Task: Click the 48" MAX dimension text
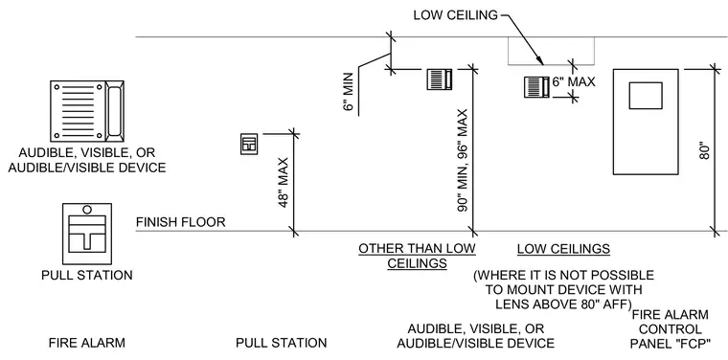[x=284, y=182]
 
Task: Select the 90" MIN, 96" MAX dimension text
[x=463, y=161]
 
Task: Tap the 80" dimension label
[x=705, y=150]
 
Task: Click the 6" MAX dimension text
[x=574, y=82]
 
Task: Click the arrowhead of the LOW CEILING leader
[x=540, y=60]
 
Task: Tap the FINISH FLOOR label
[x=181, y=222]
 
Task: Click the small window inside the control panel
[x=646, y=96]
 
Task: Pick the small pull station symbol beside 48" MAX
[x=249, y=145]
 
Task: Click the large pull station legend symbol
[x=87, y=234]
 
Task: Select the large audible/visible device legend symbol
[x=87, y=111]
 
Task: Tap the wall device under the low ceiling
[x=536, y=87]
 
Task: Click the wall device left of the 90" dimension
[x=440, y=79]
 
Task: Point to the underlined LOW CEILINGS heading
[x=563, y=249]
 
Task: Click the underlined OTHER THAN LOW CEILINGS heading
[x=417, y=256]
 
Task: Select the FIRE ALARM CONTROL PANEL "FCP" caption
[x=671, y=329]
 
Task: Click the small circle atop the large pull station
[x=87, y=210]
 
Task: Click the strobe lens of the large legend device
[x=114, y=111]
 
